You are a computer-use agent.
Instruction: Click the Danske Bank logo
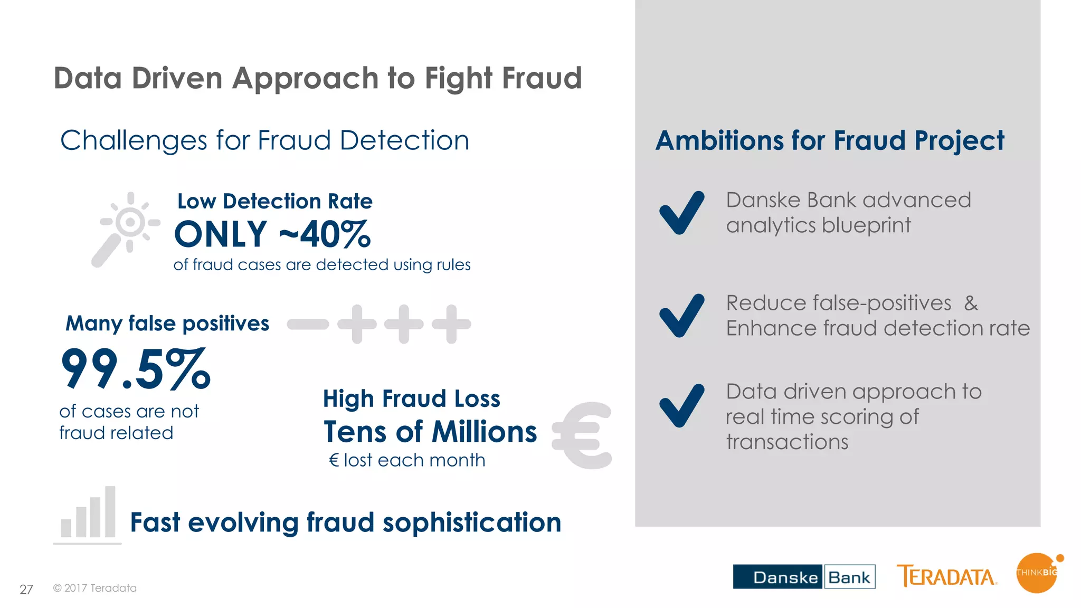(x=803, y=576)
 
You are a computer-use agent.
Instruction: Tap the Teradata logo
(x=946, y=576)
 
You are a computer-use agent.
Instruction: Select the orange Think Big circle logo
(x=1037, y=573)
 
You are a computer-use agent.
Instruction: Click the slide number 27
(x=26, y=590)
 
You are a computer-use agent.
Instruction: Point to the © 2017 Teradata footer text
(x=95, y=588)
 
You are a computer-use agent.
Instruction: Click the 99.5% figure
(x=136, y=369)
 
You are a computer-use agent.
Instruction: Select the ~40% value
(x=325, y=234)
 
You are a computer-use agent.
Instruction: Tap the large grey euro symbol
(x=582, y=435)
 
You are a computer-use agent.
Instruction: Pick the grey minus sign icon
(x=308, y=324)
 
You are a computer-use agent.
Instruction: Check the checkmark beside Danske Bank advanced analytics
(x=681, y=213)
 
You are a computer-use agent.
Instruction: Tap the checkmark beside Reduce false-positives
(x=681, y=316)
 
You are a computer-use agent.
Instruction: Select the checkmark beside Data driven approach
(x=681, y=405)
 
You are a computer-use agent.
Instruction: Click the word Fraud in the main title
(x=542, y=78)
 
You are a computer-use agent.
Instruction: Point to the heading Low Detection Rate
(x=275, y=201)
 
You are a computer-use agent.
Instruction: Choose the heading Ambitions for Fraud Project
(x=830, y=140)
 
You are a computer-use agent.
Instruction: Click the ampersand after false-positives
(x=971, y=303)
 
